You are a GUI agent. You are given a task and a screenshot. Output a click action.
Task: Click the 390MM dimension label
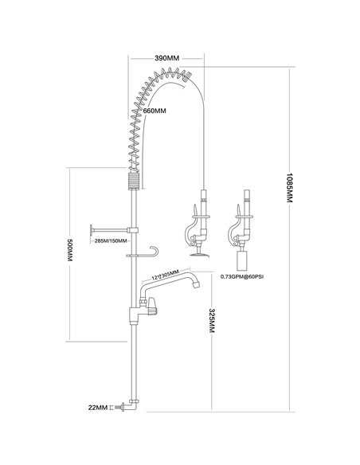(166, 59)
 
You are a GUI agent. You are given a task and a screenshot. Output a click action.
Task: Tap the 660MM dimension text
(155, 111)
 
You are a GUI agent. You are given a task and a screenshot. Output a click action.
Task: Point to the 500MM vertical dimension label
(69, 253)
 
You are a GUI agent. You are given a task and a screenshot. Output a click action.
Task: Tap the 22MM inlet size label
(100, 408)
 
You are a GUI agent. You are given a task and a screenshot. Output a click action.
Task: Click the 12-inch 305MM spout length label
(166, 274)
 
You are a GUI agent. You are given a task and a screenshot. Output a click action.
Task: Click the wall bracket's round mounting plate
(91, 229)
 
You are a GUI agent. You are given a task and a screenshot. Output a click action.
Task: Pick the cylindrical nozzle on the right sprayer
(245, 260)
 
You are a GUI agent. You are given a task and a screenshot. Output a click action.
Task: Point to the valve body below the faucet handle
(135, 315)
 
